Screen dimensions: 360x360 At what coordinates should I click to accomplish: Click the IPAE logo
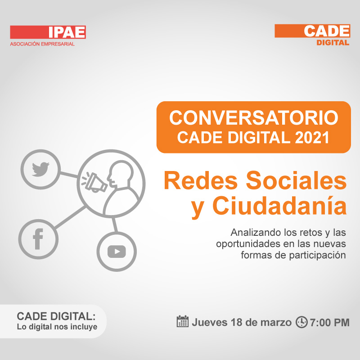tap(48, 32)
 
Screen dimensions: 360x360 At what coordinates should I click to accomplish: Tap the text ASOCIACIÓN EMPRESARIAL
tap(42, 44)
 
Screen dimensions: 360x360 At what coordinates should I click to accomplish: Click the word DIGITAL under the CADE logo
tap(333, 43)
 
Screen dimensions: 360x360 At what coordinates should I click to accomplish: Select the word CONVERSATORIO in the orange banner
tap(254, 118)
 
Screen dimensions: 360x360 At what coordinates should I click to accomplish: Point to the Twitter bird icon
tap(40, 170)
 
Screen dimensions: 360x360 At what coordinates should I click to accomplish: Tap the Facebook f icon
tap(38, 239)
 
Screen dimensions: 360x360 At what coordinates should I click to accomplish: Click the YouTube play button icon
tap(117, 252)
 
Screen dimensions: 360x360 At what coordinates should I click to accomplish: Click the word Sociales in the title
tap(296, 180)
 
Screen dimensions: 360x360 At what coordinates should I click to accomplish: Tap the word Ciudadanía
tap(279, 205)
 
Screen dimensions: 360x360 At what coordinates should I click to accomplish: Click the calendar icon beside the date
tap(183, 321)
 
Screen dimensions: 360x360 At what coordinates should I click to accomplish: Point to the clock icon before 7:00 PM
tap(301, 322)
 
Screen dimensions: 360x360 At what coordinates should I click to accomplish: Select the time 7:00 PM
tap(330, 323)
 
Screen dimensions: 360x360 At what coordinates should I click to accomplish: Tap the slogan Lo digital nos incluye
tap(57, 327)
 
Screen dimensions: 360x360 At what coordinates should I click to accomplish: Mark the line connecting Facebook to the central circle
tap(70, 217)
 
